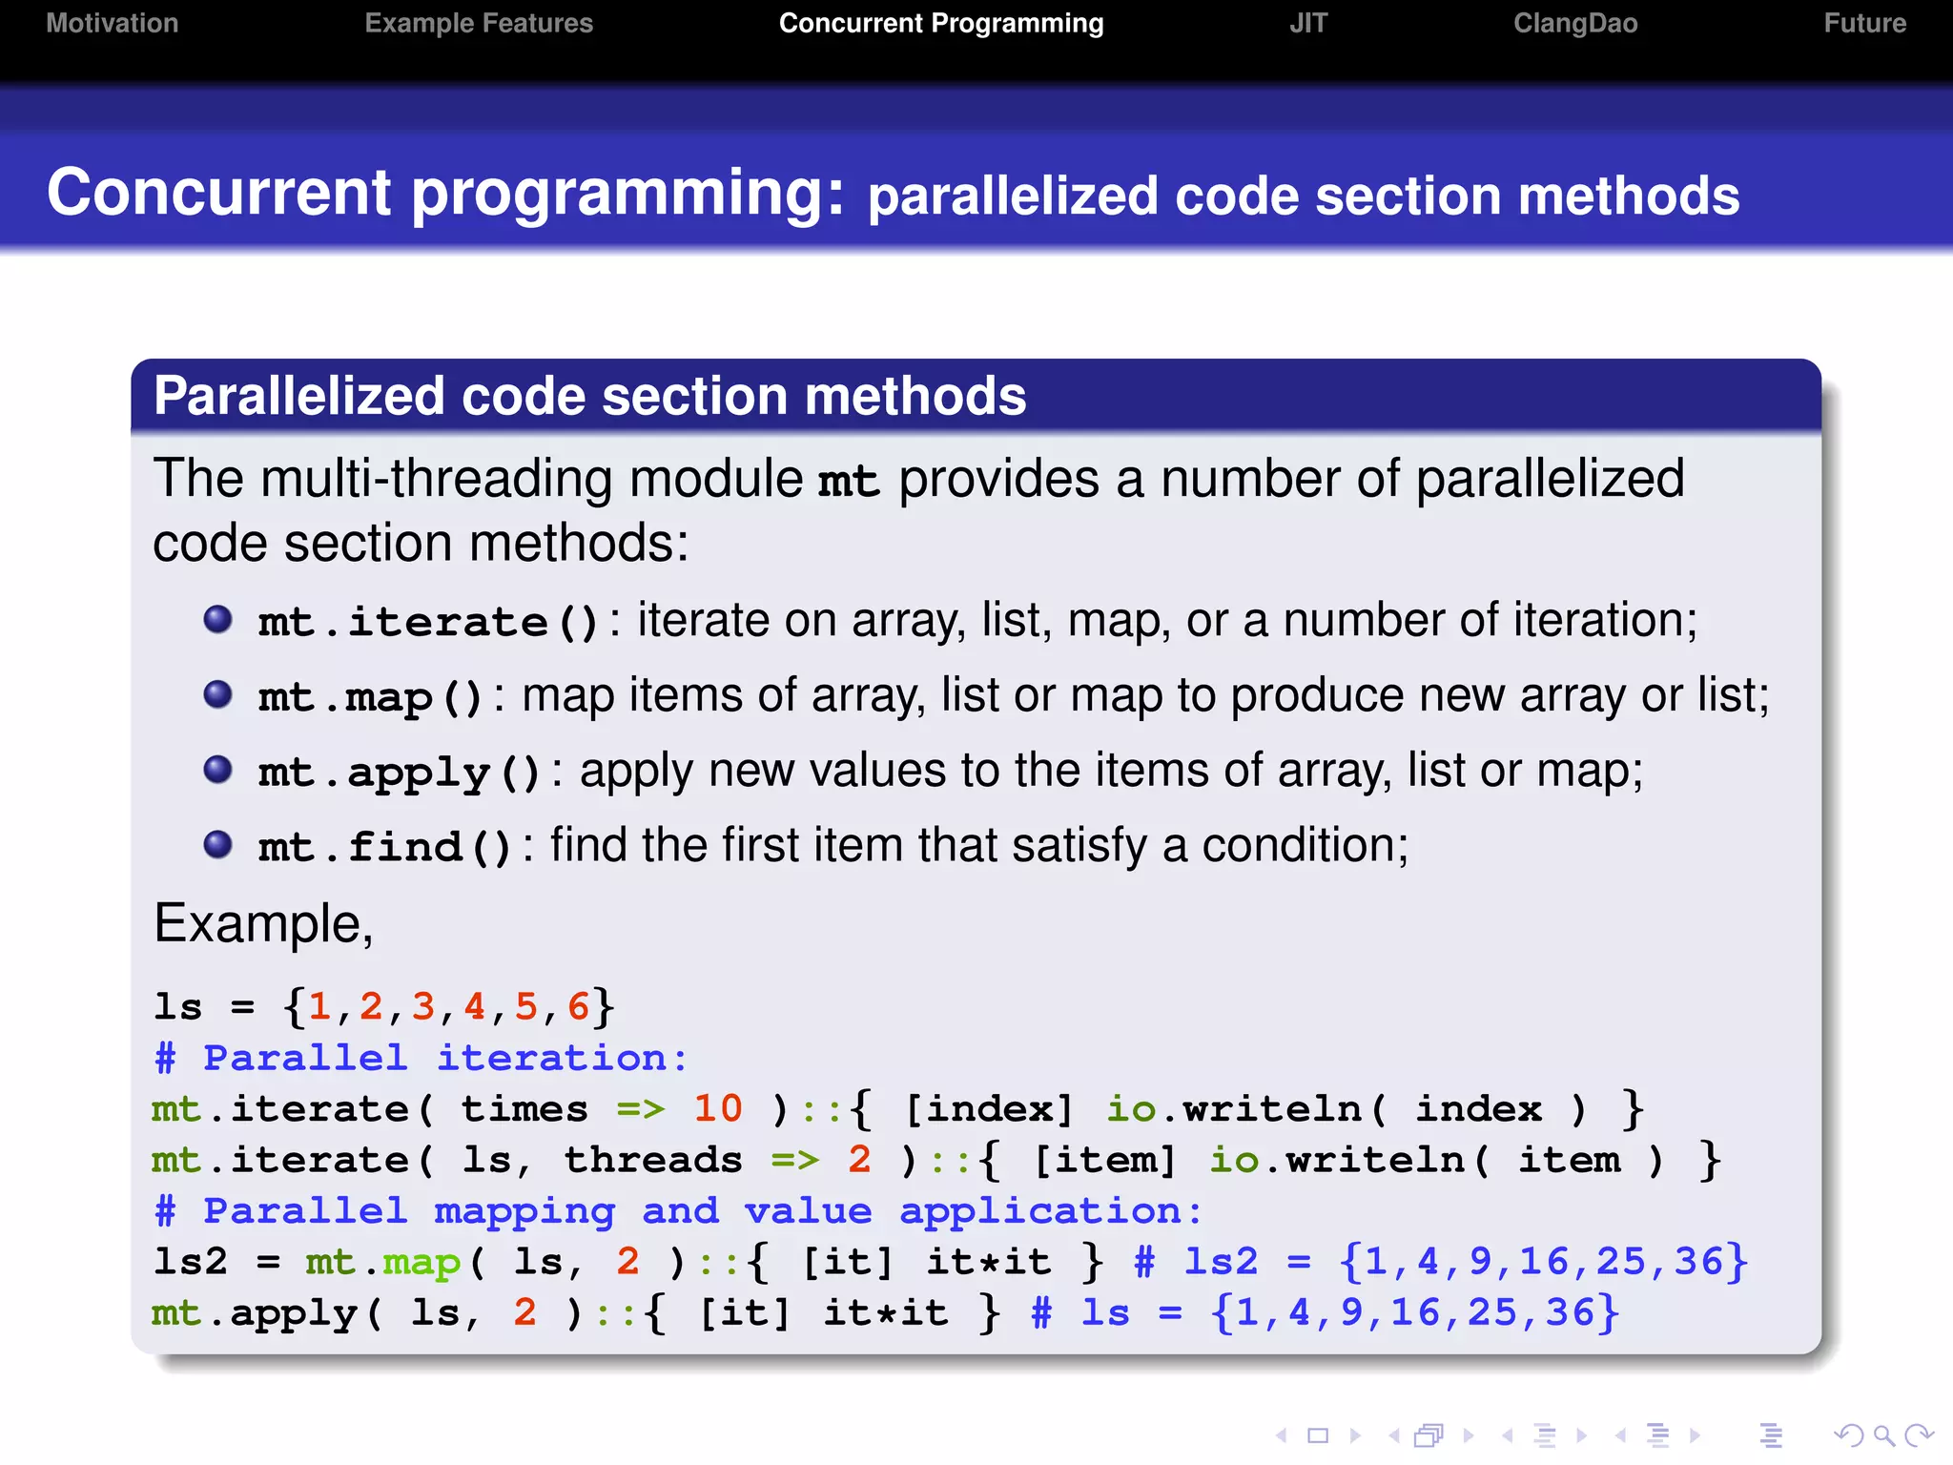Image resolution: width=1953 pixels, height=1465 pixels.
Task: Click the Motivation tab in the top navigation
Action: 112,23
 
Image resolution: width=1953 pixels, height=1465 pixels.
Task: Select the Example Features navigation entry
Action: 479,23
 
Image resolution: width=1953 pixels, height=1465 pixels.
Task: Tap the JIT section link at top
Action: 1307,23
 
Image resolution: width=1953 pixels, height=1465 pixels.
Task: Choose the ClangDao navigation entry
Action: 1574,23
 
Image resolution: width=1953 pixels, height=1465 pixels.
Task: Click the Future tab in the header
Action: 1864,23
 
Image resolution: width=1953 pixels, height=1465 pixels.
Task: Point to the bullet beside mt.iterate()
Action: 218,620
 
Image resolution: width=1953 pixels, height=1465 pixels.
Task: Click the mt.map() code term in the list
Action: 370,697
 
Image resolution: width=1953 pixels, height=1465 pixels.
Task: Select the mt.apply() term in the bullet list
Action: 399,773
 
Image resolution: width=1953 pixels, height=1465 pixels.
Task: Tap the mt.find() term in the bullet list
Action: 384,847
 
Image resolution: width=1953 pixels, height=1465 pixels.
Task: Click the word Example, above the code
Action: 263,924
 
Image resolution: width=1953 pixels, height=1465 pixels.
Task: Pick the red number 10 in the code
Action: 717,1108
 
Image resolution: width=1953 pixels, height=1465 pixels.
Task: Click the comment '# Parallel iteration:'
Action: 421,1058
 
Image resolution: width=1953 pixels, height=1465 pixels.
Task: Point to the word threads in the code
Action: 653,1160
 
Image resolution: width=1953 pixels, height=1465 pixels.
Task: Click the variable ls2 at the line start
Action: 191,1262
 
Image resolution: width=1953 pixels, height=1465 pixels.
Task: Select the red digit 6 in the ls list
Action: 578,1006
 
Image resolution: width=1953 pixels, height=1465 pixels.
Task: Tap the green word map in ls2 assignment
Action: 421,1263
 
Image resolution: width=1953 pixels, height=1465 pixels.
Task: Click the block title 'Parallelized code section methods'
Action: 589,396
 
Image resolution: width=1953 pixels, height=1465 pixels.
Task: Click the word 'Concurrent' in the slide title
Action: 219,193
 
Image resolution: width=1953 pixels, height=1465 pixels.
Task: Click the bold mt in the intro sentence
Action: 848,481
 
